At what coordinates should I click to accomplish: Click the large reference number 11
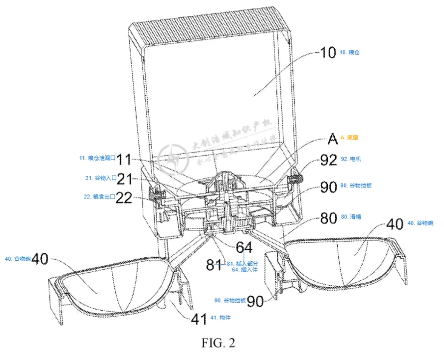[124, 160]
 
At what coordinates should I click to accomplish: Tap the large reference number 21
[124, 179]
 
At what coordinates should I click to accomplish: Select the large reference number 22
[124, 198]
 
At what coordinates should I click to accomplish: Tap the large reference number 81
[216, 264]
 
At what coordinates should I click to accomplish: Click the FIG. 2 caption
[218, 343]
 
